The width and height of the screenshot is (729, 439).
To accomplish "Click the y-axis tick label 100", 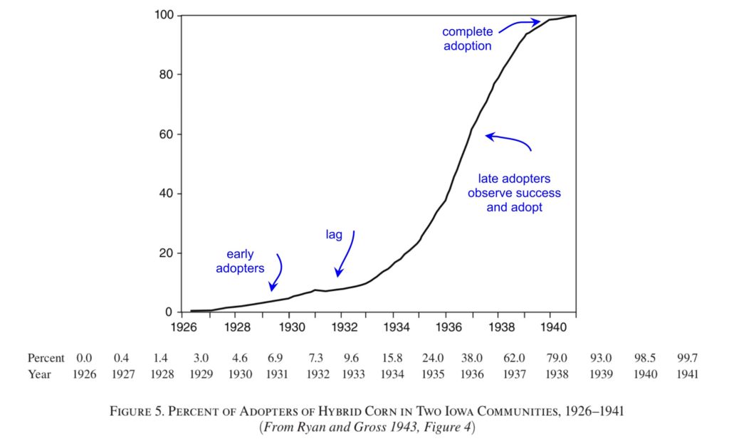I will (162, 16).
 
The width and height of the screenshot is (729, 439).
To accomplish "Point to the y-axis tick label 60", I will (165, 134).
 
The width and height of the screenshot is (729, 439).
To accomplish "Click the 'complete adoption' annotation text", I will (466, 39).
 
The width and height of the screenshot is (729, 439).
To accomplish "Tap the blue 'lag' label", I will (335, 234).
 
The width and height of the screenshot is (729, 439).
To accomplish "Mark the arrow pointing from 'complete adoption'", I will (518, 24).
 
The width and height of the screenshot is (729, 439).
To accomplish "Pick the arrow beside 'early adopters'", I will (277, 273).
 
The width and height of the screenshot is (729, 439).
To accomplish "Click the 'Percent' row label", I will (46, 358).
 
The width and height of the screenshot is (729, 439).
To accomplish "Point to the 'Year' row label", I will (39, 374).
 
